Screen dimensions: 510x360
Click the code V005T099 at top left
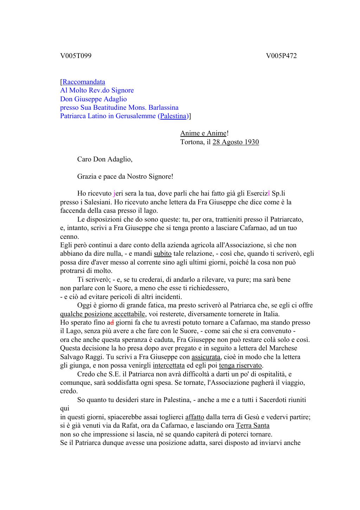click(x=76, y=56)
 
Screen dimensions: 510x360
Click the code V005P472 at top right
click(x=281, y=56)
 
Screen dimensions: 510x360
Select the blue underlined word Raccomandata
click(x=84, y=82)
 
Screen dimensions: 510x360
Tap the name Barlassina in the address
click(x=162, y=108)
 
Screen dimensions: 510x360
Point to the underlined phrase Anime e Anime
click(x=203, y=134)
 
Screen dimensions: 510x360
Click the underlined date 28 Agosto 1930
click(x=236, y=142)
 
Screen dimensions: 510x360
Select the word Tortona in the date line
click(x=192, y=142)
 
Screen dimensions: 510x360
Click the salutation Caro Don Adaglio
click(x=105, y=159)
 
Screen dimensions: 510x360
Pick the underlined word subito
click(x=163, y=254)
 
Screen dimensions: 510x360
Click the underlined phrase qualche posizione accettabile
click(x=102, y=314)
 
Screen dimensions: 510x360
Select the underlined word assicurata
click(x=206, y=357)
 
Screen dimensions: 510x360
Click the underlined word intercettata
click(x=169, y=365)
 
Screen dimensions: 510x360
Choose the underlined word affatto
click(x=194, y=417)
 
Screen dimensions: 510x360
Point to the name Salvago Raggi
click(x=78, y=357)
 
